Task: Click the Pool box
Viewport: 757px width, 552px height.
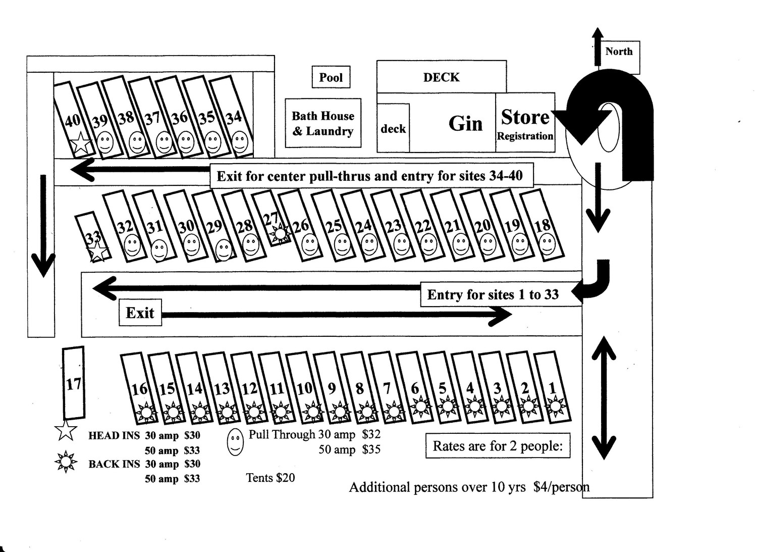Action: pos(331,77)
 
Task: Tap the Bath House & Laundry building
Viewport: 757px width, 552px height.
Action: pos(323,123)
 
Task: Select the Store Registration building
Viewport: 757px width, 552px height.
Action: pos(525,123)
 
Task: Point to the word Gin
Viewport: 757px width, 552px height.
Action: pos(465,123)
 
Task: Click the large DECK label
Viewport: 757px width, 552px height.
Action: pos(441,77)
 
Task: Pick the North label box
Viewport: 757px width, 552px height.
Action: pos(619,52)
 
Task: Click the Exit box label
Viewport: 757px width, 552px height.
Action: pos(140,313)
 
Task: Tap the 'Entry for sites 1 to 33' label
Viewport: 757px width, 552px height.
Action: pos(493,294)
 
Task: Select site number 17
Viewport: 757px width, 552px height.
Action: pos(74,384)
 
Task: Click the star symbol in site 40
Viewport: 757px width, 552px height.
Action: pos(81,143)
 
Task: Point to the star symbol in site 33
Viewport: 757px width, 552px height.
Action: pos(97,251)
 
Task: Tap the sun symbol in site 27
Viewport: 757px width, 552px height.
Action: pos(280,233)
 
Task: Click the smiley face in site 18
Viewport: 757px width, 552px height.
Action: pos(547,244)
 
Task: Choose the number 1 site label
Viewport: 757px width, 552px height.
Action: pos(552,388)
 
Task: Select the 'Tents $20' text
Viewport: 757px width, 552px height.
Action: pos(270,478)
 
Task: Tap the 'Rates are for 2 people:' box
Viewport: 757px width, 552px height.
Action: pos(498,446)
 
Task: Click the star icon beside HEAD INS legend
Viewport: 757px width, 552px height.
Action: pos(66,431)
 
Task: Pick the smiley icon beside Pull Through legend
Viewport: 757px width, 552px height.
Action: pos(235,442)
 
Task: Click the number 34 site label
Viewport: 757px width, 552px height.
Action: pos(234,118)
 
